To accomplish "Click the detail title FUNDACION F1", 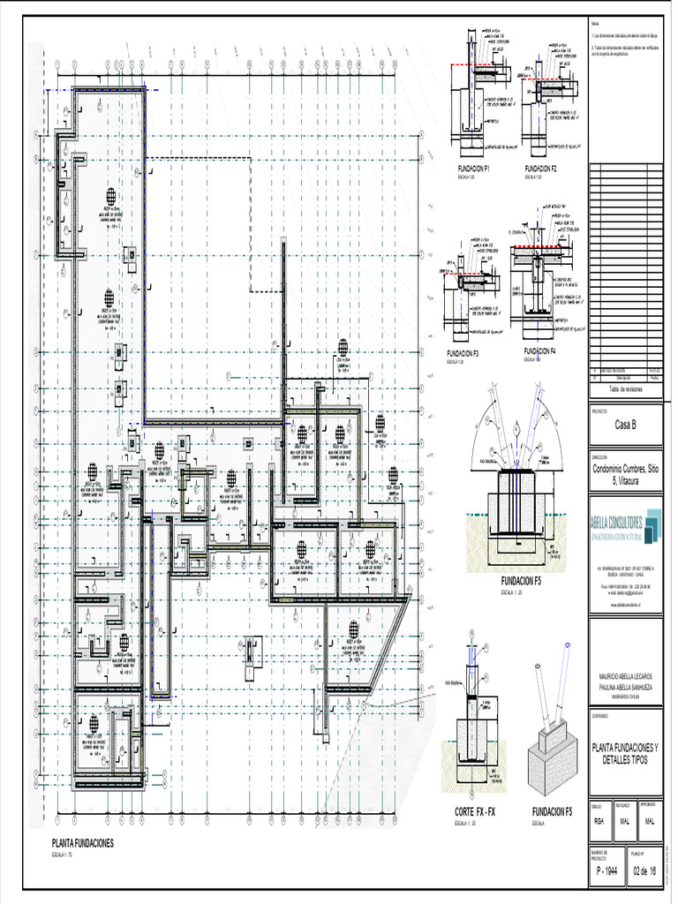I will point(474,168).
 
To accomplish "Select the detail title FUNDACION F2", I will point(540,168).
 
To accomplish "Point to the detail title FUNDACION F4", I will point(539,351).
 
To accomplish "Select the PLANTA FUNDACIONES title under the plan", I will point(83,844).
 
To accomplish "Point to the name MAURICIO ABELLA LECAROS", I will point(626,675).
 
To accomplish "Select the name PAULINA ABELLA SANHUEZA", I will point(626,685).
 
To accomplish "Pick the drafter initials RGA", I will point(599,821).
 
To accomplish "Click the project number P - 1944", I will point(606,871).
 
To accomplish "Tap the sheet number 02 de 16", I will point(644,871).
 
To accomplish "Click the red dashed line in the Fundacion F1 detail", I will point(471,66).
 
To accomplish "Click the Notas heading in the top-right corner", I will point(594,24).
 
